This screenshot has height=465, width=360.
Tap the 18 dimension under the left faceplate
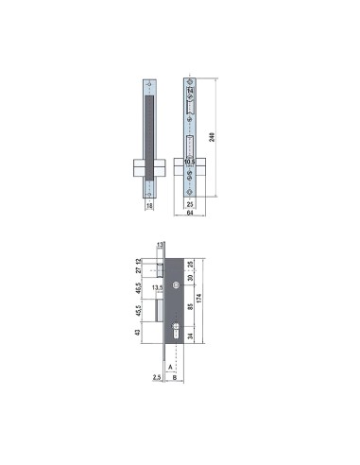point(148,204)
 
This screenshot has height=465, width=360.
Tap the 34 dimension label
point(192,335)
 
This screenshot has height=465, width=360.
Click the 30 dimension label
point(192,279)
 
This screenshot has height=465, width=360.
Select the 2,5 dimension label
point(155,375)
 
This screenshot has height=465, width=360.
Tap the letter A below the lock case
point(169,363)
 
